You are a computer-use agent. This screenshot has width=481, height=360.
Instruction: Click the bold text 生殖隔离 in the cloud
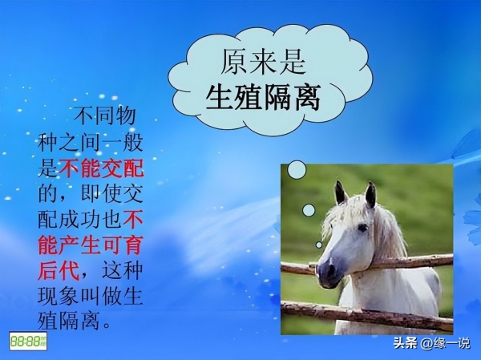tap(263, 98)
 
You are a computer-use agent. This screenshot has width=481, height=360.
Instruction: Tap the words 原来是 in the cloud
tap(263, 62)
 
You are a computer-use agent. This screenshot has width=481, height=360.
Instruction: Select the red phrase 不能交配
tap(101, 168)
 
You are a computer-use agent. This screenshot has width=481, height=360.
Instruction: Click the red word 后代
tap(59, 270)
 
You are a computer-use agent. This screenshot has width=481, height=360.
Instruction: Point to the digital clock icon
tap(28, 341)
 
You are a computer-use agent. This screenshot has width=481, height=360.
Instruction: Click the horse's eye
tap(363, 228)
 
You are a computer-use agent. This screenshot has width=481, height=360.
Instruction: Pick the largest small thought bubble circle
tap(297, 170)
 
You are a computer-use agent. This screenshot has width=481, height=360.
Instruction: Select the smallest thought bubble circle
tap(319, 245)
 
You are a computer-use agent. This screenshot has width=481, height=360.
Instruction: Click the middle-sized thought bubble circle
tap(309, 210)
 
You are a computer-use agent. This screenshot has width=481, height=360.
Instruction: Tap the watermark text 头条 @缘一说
tap(431, 343)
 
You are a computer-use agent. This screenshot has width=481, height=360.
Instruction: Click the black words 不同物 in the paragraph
tap(104, 116)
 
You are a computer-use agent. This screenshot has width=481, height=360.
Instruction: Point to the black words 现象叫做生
tap(90, 296)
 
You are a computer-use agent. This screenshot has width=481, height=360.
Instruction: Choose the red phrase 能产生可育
tap(91, 245)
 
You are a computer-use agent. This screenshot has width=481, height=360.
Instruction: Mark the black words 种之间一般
tap(91, 142)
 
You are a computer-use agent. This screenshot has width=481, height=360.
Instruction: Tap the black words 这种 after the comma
tap(122, 270)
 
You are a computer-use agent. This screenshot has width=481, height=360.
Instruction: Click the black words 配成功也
tap(79, 219)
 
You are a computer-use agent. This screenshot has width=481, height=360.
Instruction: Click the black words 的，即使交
tap(91, 193)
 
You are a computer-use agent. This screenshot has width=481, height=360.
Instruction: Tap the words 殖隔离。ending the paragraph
tap(74, 322)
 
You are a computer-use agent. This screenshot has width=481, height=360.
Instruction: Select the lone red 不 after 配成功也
tap(133, 219)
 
